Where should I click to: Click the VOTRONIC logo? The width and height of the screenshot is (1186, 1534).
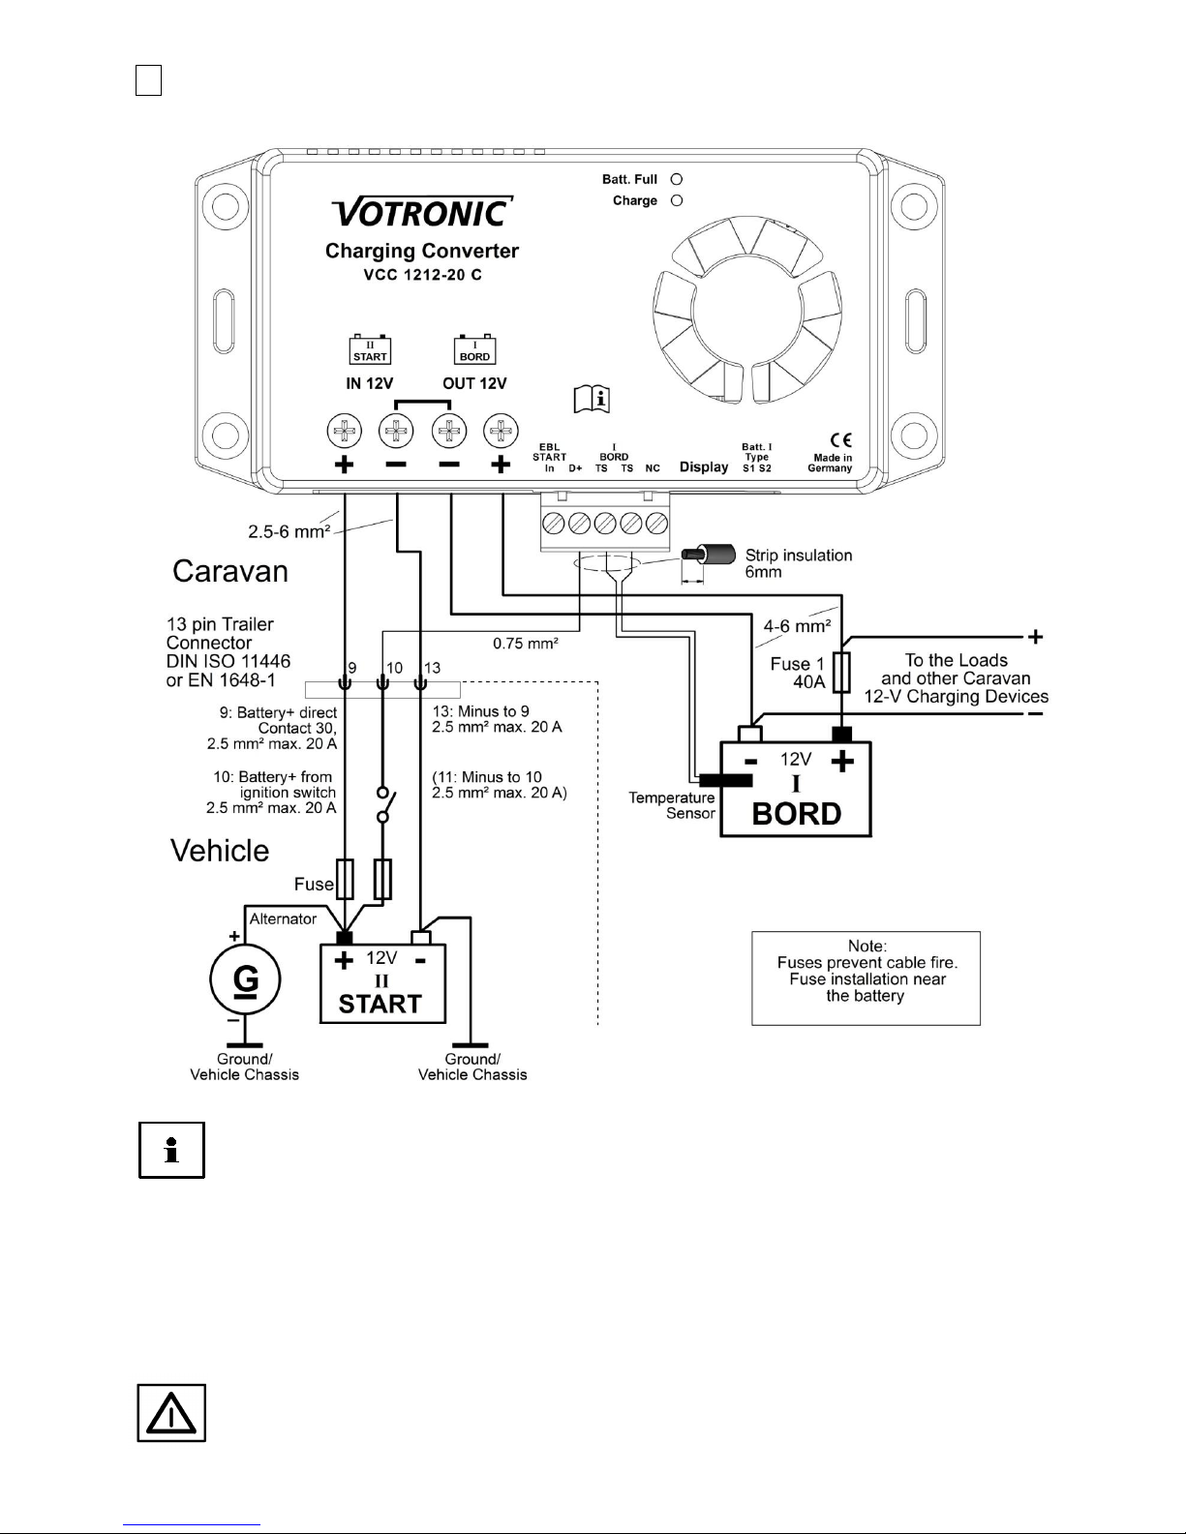click(x=422, y=212)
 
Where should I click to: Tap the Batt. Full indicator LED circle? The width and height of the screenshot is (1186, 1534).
click(x=677, y=179)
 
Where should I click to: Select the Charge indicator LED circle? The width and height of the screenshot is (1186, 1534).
click(x=677, y=200)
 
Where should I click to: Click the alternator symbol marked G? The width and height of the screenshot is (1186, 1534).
click(x=245, y=979)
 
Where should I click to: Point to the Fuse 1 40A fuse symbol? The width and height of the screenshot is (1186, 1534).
click(x=841, y=672)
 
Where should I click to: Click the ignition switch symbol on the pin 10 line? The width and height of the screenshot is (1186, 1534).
click(x=384, y=804)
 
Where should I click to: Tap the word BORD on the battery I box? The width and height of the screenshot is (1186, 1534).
click(x=796, y=814)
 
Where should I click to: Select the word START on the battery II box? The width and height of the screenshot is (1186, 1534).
click(x=380, y=1004)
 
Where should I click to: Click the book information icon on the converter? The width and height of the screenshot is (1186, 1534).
click(x=592, y=399)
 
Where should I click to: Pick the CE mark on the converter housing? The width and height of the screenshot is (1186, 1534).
click(x=840, y=439)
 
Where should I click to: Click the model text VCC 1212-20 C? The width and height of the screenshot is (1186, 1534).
click(x=422, y=275)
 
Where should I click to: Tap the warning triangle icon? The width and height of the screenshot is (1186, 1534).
click(x=171, y=1413)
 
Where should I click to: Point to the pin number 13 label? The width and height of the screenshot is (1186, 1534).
click(x=432, y=667)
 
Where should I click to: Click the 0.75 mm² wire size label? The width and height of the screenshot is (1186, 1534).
click(x=525, y=643)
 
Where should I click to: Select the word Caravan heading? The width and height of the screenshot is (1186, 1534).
click(x=230, y=571)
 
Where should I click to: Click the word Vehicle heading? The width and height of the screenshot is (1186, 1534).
click(x=220, y=851)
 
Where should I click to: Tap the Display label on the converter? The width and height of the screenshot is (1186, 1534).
click(x=704, y=466)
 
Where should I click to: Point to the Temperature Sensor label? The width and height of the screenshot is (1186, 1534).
click(x=671, y=805)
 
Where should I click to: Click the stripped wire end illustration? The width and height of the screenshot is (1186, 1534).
click(x=708, y=555)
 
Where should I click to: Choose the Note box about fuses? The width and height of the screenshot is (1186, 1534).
click(x=866, y=978)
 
